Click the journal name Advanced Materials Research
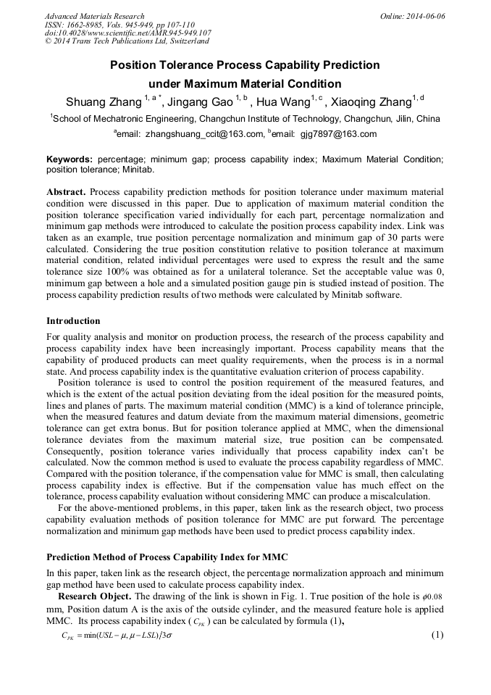(94, 16)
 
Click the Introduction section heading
(73, 320)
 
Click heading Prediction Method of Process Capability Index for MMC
(167, 557)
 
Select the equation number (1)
(437, 635)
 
